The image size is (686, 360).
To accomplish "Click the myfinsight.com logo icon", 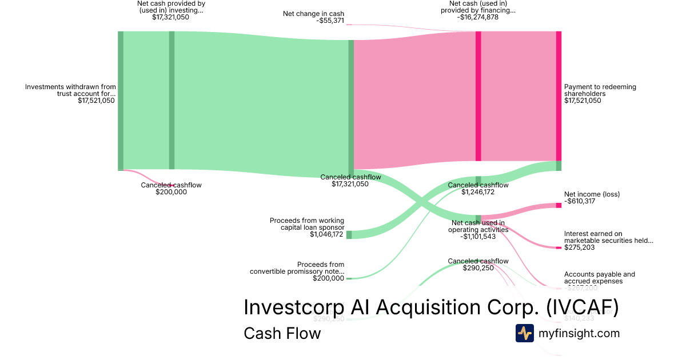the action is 524,333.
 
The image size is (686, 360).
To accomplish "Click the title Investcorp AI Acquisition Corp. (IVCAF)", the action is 431,307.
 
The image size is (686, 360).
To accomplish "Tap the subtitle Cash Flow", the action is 282,333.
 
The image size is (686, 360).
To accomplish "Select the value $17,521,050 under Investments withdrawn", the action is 96,101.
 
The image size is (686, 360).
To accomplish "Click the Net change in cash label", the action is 314,14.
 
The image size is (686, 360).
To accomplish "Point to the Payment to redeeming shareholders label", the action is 600,90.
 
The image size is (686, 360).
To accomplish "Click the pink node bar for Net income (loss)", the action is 559,205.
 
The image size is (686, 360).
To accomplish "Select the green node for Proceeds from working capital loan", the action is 349,234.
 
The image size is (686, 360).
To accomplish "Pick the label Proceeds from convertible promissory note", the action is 297,268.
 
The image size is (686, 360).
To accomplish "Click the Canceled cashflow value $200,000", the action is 171,192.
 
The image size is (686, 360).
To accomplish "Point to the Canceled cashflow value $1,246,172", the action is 478,192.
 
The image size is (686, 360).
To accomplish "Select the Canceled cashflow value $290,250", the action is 478,268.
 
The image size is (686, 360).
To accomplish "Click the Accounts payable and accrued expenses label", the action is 599,278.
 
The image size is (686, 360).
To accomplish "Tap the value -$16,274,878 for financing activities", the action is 477,17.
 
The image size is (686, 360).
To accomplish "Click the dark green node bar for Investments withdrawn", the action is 121,101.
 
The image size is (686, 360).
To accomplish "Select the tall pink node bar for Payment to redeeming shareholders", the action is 559,96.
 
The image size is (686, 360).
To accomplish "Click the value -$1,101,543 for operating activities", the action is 478,237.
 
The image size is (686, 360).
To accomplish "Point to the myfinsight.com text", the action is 579,333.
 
